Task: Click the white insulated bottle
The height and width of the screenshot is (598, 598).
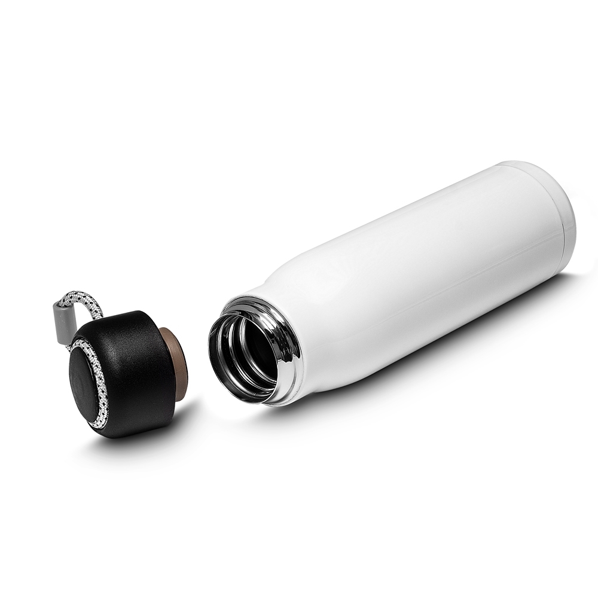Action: tap(407, 275)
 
